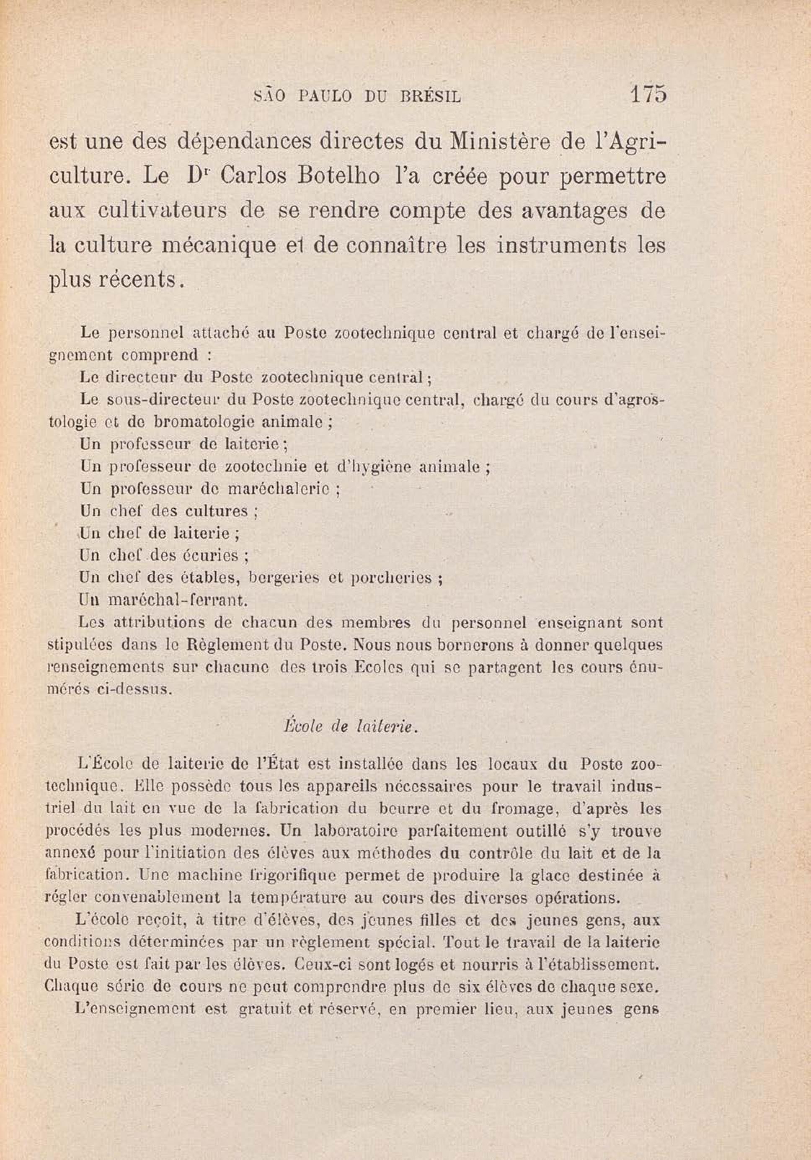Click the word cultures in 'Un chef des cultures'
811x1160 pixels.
(x=217, y=511)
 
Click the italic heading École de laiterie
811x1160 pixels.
(x=351, y=727)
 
